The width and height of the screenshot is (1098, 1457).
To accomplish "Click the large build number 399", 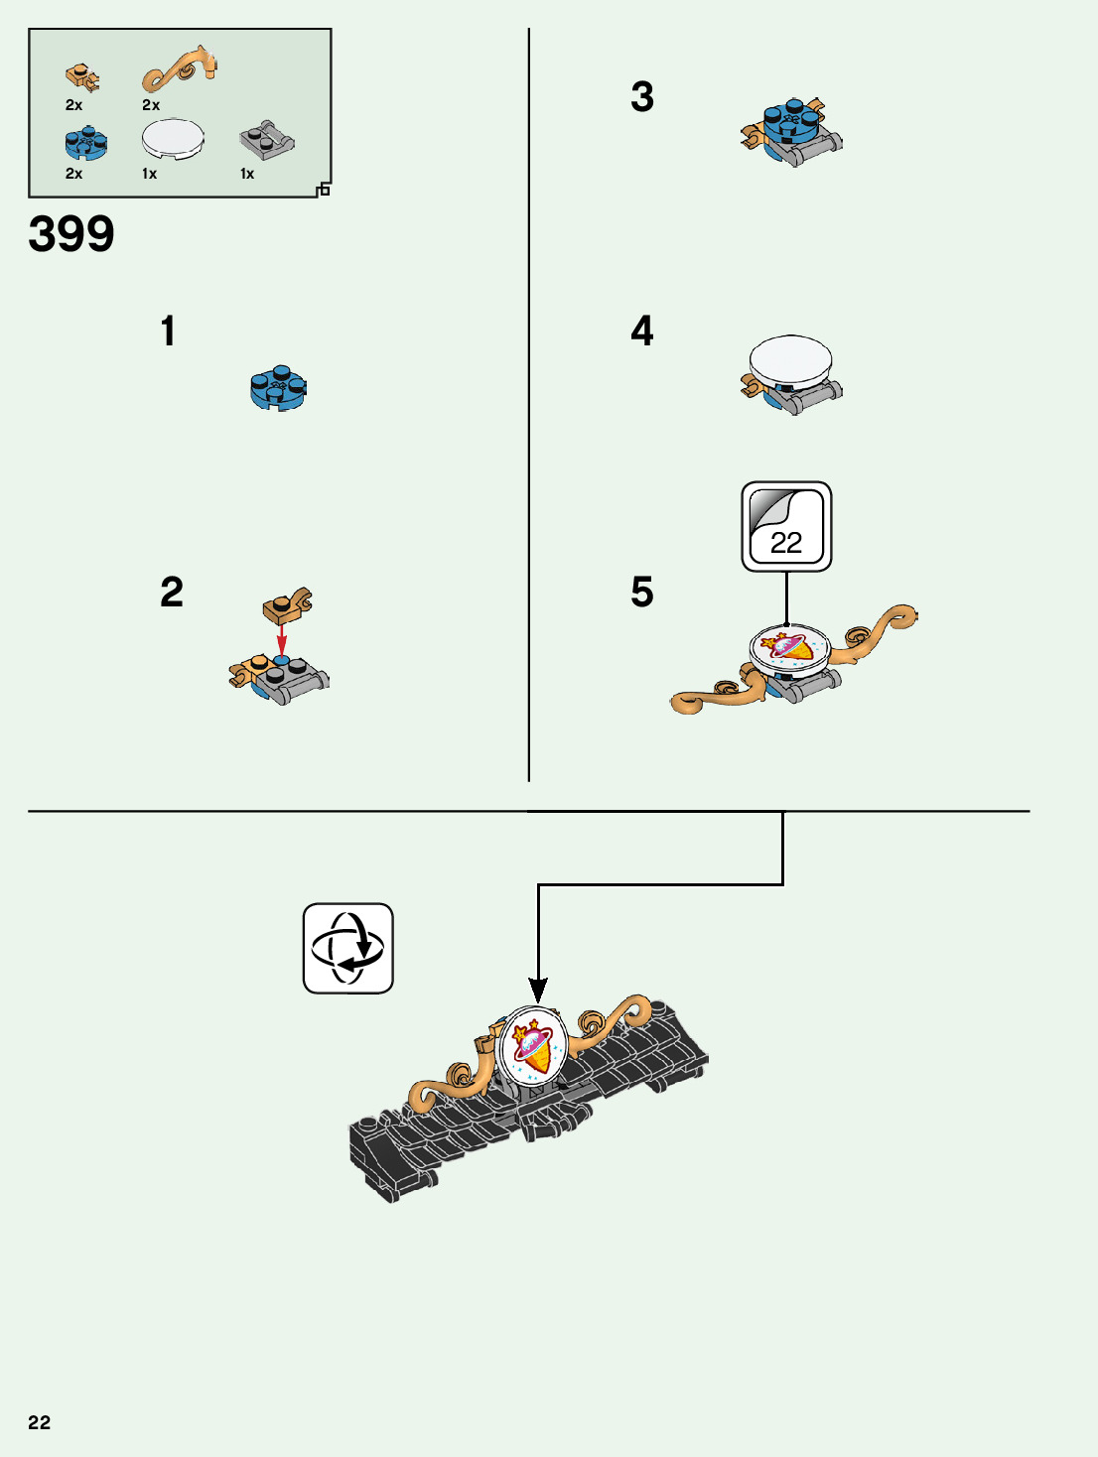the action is (x=71, y=235).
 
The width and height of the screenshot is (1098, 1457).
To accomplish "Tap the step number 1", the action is (x=168, y=331).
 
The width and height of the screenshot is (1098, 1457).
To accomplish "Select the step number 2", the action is (x=172, y=593).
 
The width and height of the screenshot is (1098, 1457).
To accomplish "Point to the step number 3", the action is (x=642, y=97).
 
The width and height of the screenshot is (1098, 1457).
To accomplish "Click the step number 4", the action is (x=642, y=331).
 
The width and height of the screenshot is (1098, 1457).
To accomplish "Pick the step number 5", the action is (x=642, y=593).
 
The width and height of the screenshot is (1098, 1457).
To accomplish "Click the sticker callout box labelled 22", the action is (x=786, y=527).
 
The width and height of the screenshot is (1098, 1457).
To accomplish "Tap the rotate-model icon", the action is (x=348, y=948).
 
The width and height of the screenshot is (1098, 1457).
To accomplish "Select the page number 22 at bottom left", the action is (x=39, y=1422).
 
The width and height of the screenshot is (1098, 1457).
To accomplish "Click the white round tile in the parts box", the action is (x=173, y=139).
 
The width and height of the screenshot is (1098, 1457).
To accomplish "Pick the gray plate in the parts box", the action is (x=266, y=141).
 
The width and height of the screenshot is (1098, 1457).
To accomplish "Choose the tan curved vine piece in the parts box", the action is (x=179, y=69).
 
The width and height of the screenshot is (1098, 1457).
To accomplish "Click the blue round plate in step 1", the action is (x=279, y=387).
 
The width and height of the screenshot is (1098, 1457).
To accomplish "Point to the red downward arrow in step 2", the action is (x=281, y=638).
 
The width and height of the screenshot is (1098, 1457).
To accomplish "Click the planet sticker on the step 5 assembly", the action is (x=788, y=647).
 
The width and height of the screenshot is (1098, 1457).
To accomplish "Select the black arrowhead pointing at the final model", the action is (x=538, y=991).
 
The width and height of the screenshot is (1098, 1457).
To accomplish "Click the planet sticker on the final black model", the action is (x=533, y=1047).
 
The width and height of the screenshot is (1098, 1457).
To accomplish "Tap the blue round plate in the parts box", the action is (x=86, y=144).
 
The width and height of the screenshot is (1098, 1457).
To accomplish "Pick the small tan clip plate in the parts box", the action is (x=82, y=76).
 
